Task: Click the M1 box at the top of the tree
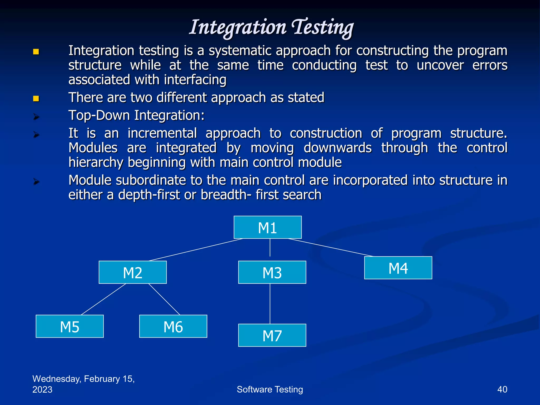(x=267, y=227)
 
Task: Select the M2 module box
(x=133, y=272)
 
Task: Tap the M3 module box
(x=272, y=272)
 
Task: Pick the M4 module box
(x=398, y=268)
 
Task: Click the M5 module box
(x=70, y=326)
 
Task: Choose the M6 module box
(x=173, y=326)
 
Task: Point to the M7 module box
(x=272, y=335)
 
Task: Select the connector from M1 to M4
(x=331, y=247)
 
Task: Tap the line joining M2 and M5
(x=104, y=299)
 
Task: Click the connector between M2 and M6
(x=164, y=299)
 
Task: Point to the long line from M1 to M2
(x=196, y=250)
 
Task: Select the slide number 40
(x=502, y=389)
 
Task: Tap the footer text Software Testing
(x=270, y=389)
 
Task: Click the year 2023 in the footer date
(x=42, y=390)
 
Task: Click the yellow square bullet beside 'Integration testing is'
(x=36, y=52)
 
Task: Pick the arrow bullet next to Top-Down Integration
(x=36, y=117)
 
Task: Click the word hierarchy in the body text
(x=96, y=162)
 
